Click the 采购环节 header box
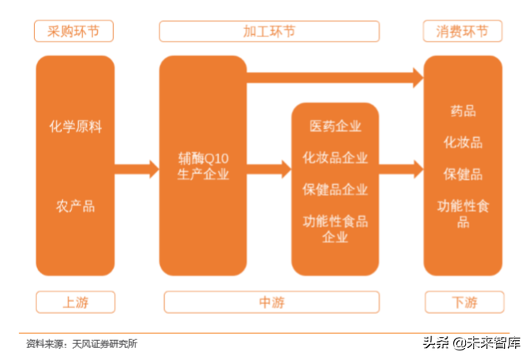[x=74, y=31]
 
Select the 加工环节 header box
[x=269, y=31]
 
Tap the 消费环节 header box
[x=463, y=31]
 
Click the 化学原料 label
[x=75, y=127]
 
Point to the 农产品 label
[x=75, y=206]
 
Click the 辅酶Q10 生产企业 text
[x=203, y=166]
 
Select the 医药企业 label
[x=335, y=126]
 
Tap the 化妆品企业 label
[x=335, y=158]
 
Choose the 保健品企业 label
[x=335, y=190]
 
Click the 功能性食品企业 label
[x=335, y=229]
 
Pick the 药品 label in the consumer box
[x=463, y=112]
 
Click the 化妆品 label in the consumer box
[x=463, y=143]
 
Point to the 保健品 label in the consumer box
[x=463, y=174]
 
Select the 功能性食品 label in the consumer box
[x=463, y=213]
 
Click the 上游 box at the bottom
[x=75, y=303]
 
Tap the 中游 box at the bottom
[x=271, y=303]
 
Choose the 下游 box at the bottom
[x=463, y=303]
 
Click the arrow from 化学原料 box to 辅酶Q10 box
[x=136, y=169]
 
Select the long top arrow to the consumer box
[x=334, y=77]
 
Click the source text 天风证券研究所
[x=104, y=344]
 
